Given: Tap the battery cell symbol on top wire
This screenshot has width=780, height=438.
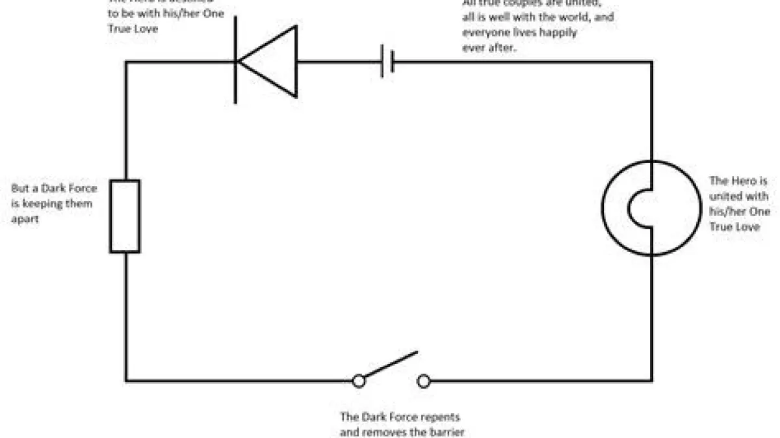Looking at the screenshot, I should tap(388, 62).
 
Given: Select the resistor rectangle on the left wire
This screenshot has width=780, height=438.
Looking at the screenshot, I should tap(124, 217).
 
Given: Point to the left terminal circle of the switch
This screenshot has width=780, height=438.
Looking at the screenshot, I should tap(358, 381).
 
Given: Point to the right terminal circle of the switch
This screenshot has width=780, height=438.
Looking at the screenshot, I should tap(424, 381).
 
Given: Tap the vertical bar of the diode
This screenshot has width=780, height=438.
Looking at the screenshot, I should tap(236, 62).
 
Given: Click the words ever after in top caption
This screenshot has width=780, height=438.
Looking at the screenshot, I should tap(489, 47).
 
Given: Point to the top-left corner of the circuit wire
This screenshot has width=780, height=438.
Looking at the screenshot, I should tap(126, 62).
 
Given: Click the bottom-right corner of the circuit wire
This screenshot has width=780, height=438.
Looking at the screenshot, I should tap(652, 381).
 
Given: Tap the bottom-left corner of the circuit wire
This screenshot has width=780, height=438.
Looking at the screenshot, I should tap(126, 381).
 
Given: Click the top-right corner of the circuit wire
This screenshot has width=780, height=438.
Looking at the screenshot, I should tap(652, 62).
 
